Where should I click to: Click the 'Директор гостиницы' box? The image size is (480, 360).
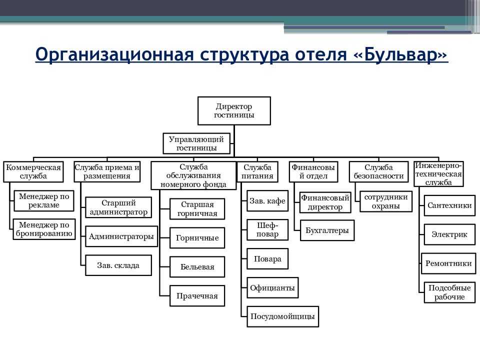[x=234, y=110]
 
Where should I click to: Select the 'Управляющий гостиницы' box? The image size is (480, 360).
[x=196, y=143]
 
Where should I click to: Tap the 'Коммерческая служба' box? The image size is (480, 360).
[x=33, y=171]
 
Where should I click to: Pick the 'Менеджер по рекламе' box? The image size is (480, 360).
[x=44, y=200]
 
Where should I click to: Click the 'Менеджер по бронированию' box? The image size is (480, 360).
[x=44, y=229]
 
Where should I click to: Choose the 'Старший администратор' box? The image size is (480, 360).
[x=118, y=207]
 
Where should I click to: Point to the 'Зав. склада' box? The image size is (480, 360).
[x=118, y=265]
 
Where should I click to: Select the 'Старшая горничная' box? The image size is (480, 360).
[x=197, y=209]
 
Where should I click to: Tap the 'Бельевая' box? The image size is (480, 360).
[x=197, y=267]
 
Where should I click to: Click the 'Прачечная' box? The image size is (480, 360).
[x=197, y=296]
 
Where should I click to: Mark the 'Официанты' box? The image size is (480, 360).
[x=272, y=288]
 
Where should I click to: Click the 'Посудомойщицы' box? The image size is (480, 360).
[x=282, y=316]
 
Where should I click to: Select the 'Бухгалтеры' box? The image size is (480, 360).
[x=327, y=230]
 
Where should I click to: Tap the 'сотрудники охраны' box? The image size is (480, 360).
[x=385, y=201]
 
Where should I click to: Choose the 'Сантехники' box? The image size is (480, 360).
[x=449, y=205]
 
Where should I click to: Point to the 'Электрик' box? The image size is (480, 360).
[x=449, y=234]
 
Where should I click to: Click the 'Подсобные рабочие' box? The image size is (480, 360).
[x=449, y=292]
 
